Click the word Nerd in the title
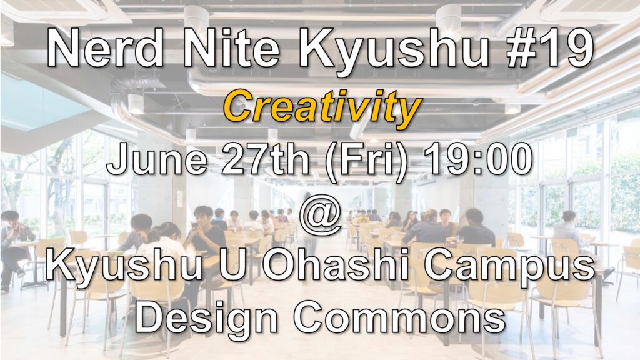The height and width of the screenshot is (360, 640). [x=105, y=48]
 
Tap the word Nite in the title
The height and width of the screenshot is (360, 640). [x=232, y=48]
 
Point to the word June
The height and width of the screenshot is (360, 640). [x=157, y=159]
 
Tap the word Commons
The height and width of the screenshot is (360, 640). [x=400, y=317]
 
